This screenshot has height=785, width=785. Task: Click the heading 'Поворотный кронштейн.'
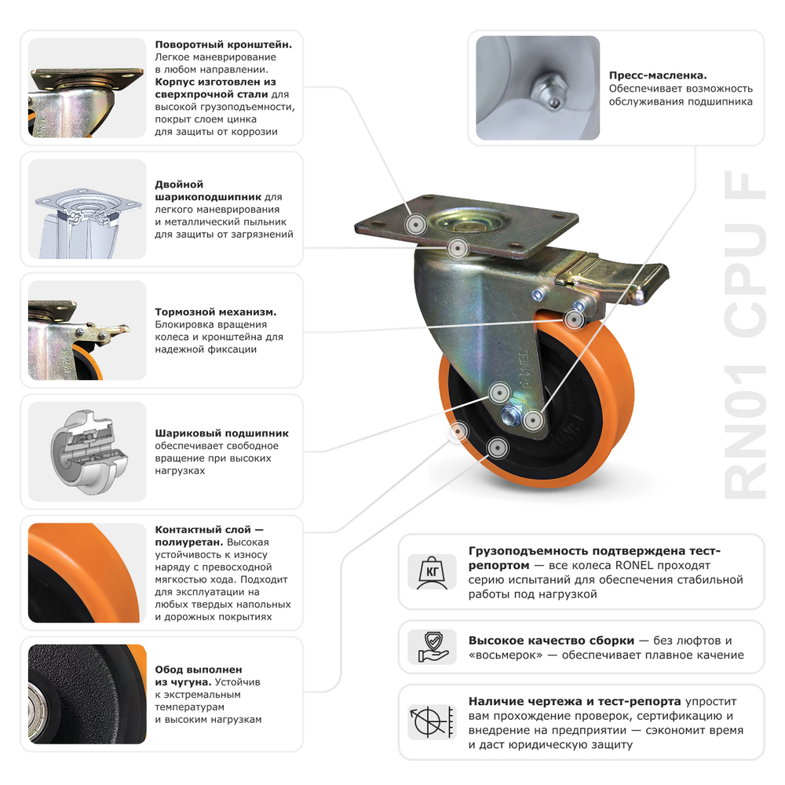point(224,45)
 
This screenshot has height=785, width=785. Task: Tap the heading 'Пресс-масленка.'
point(658,76)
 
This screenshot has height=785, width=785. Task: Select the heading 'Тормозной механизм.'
point(216,312)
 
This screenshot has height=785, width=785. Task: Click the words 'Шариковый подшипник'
point(222,433)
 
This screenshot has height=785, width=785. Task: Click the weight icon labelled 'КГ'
point(432,571)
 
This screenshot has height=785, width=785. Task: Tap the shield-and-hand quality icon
point(432,647)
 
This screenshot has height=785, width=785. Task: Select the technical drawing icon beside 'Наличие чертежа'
point(432,721)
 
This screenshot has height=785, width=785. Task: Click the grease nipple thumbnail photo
point(538,88)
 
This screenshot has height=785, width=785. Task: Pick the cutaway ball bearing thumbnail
point(87,451)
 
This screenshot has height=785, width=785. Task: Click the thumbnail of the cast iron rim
point(87,694)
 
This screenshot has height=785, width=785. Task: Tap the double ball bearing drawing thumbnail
point(87,209)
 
